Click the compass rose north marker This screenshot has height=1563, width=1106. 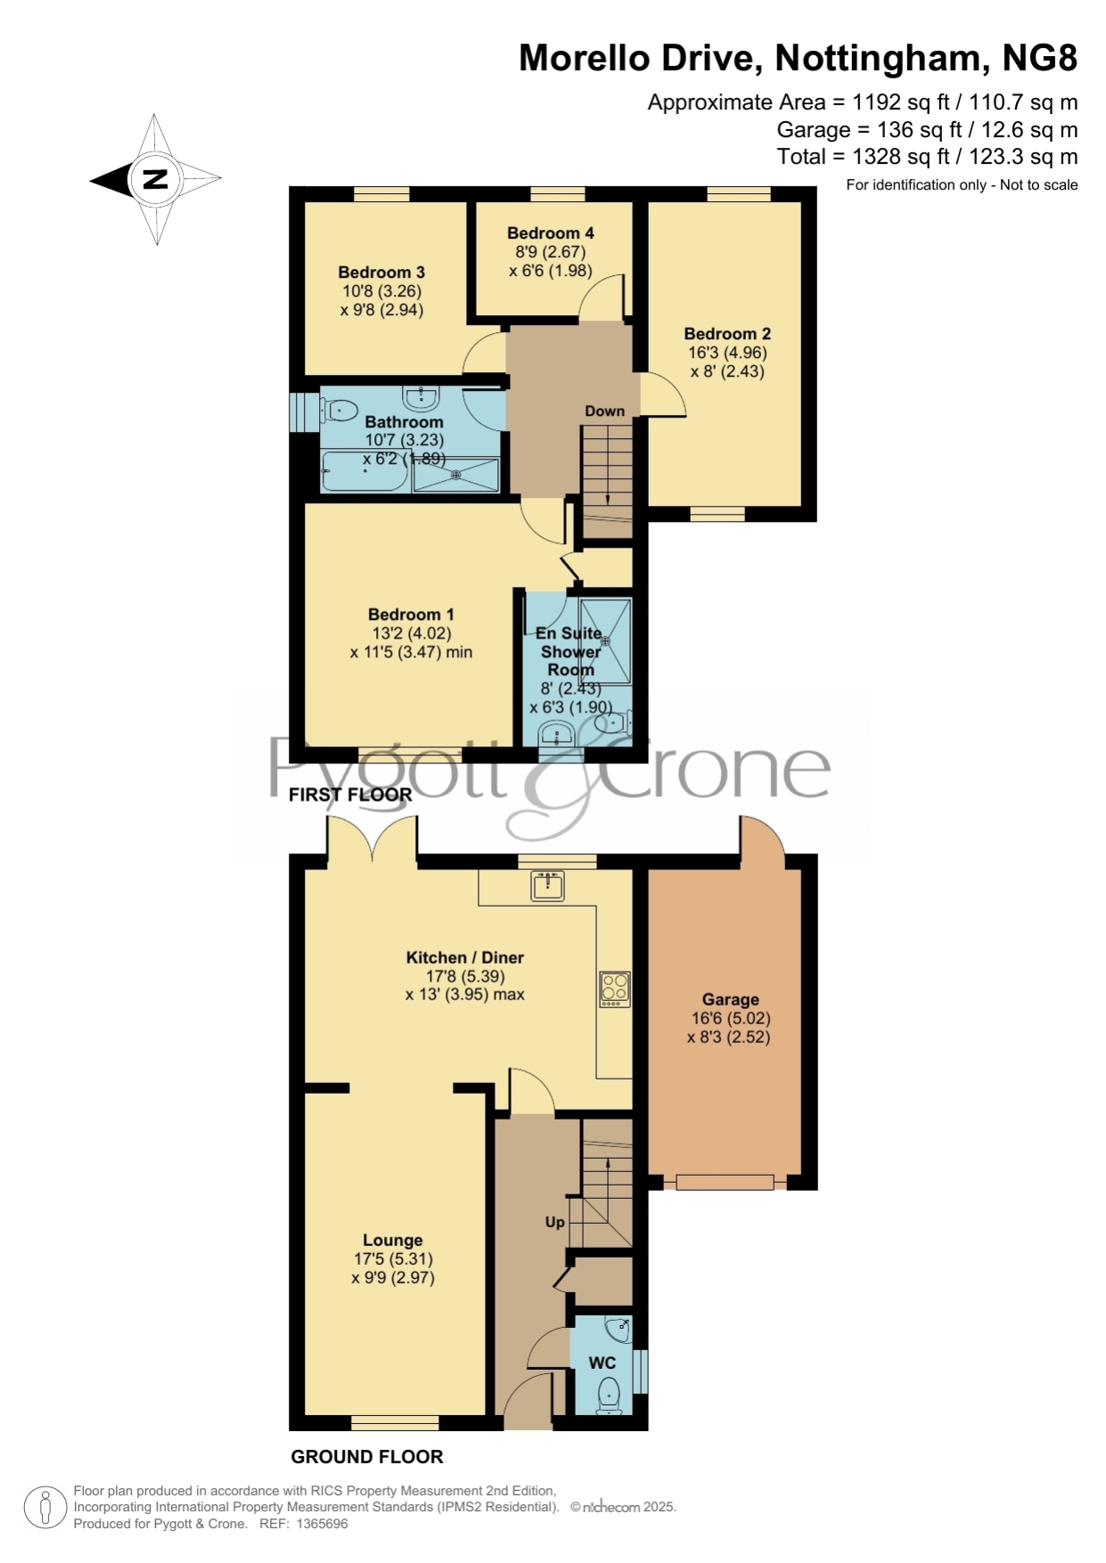155,179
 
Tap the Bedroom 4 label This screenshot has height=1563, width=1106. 551,232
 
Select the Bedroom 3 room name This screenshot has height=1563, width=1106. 381,273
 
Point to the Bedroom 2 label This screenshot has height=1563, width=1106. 727,334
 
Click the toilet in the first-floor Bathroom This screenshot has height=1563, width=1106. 337,411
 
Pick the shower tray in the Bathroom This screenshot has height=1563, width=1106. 456,475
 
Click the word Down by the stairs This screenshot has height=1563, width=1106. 604,411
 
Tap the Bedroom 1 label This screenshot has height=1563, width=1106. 411,615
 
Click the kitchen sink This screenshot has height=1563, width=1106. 547,886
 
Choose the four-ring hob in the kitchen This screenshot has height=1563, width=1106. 615,989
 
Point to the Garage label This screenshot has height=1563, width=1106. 730,999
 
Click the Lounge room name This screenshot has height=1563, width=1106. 392,1240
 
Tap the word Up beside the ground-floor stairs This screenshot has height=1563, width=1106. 554,1222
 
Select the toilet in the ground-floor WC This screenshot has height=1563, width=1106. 610,1395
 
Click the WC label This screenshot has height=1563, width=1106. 602,1363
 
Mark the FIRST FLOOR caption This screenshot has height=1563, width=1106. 350,794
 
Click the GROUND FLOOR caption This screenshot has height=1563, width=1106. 367,1456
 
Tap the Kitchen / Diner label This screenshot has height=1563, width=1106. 465,957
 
